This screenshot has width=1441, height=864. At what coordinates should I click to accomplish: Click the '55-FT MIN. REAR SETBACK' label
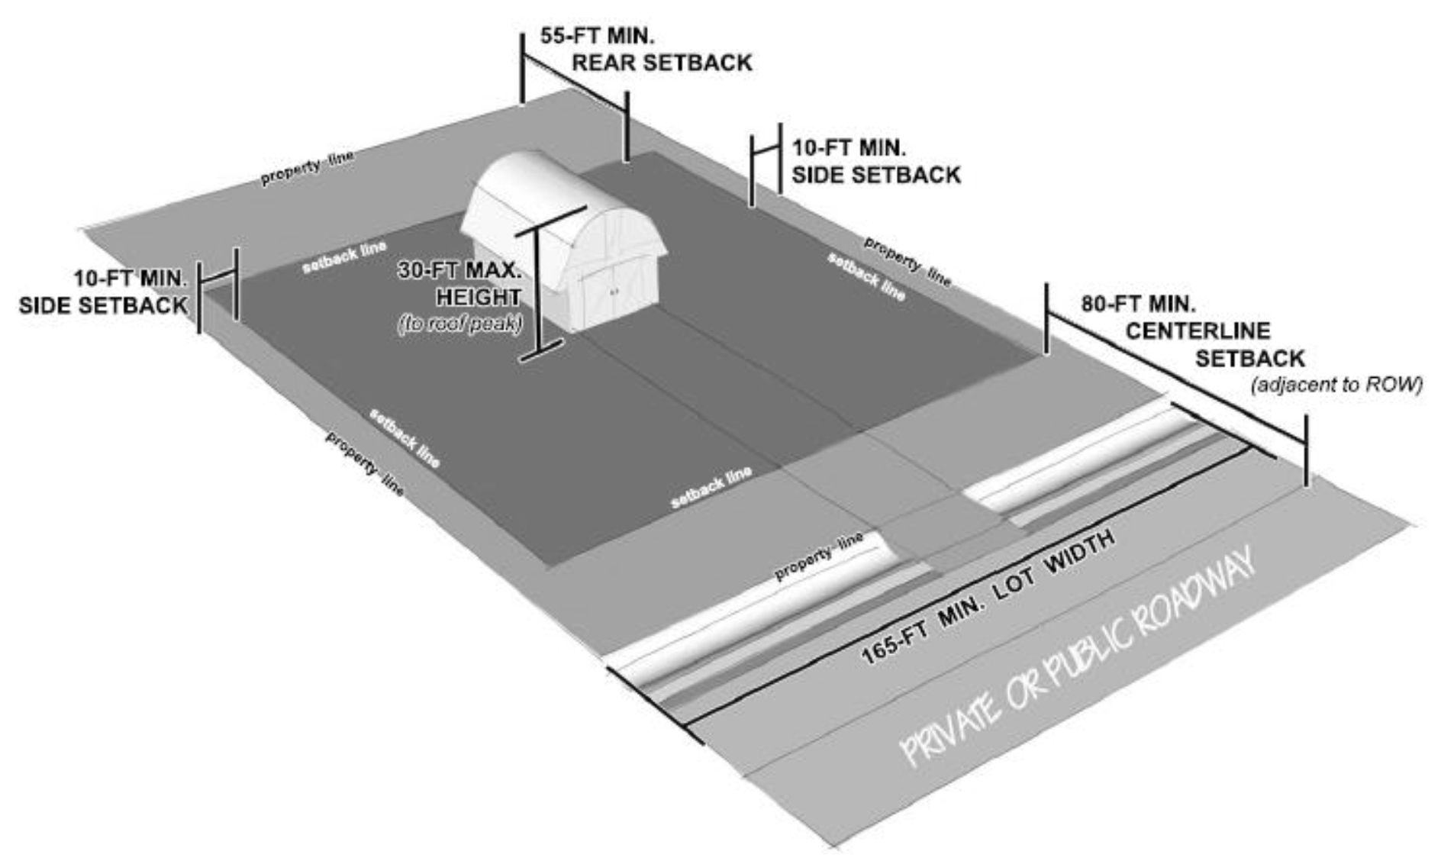pyautogui.click(x=646, y=50)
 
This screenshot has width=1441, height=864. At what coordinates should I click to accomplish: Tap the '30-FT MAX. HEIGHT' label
pyautogui.click(x=461, y=283)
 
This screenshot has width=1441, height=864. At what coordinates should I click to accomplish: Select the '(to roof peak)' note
pyautogui.click(x=459, y=324)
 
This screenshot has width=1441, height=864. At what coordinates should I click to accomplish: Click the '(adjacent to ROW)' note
pyautogui.click(x=1336, y=385)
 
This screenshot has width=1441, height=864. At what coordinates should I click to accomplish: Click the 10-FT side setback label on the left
pyautogui.click(x=103, y=292)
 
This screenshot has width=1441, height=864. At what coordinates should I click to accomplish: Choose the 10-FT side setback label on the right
pyautogui.click(x=875, y=161)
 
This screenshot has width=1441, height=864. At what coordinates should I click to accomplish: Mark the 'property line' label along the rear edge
pyautogui.click(x=307, y=168)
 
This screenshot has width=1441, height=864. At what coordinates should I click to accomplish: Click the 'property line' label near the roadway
pyautogui.click(x=818, y=556)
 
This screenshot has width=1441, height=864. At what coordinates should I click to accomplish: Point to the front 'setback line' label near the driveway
pyautogui.click(x=711, y=488)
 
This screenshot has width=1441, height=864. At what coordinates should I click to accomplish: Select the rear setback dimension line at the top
pyautogui.click(x=575, y=76)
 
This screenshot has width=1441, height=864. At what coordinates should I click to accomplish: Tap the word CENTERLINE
pyautogui.click(x=1198, y=331)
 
